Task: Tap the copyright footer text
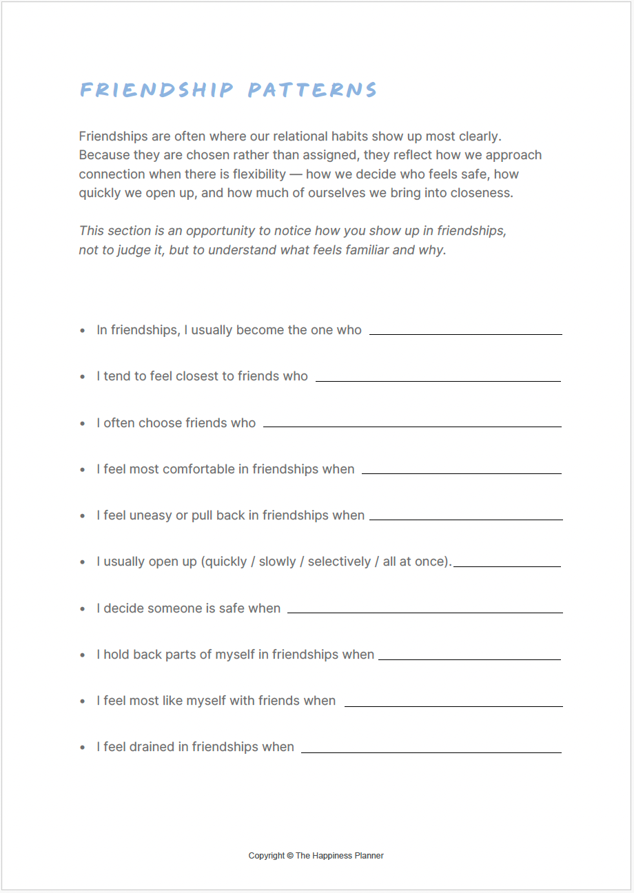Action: point(316,855)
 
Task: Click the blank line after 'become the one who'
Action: point(466,334)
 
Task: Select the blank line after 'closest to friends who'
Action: point(438,380)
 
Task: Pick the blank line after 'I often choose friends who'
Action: point(412,427)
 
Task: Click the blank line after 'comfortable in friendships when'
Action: point(462,473)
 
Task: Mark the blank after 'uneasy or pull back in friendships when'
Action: point(466,520)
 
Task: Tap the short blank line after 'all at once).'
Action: point(507,566)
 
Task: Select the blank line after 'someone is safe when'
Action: point(425,613)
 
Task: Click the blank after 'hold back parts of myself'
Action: point(469,659)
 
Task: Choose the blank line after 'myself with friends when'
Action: point(453,706)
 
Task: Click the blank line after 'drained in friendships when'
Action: point(431,752)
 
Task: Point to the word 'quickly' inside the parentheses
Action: point(225,562)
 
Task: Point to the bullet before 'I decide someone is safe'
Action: point(83,609)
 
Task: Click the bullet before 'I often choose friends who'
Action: point(83,424)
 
